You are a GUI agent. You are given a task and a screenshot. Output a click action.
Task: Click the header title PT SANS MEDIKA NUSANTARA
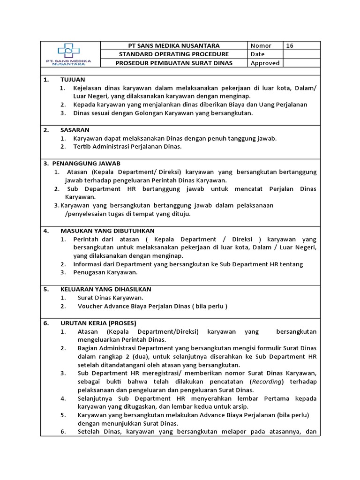point(174,45)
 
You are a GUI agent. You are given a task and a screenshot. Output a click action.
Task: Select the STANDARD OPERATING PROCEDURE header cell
point(174,54)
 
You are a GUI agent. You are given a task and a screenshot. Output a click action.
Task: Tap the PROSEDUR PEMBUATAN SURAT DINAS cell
point(174,63)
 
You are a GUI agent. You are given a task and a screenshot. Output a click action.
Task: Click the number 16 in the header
point(290,45)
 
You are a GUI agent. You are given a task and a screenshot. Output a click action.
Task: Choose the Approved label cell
point(265,63)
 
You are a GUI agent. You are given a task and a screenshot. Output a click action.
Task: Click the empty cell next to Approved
point(302,63)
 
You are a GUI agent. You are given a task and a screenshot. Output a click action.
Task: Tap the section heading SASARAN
point(75,130)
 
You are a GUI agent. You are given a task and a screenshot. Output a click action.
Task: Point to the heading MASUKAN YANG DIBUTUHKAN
point(107,231)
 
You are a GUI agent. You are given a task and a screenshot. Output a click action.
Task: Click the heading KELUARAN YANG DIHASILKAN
point(106,289)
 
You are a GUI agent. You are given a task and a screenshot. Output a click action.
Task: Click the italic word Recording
point(268,382)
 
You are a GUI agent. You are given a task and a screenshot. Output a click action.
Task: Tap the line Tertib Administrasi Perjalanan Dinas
point(127,147)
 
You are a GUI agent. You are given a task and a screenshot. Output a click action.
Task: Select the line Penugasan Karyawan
point(105,272)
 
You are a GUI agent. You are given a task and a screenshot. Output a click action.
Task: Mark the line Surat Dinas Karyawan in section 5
point(111,298)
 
